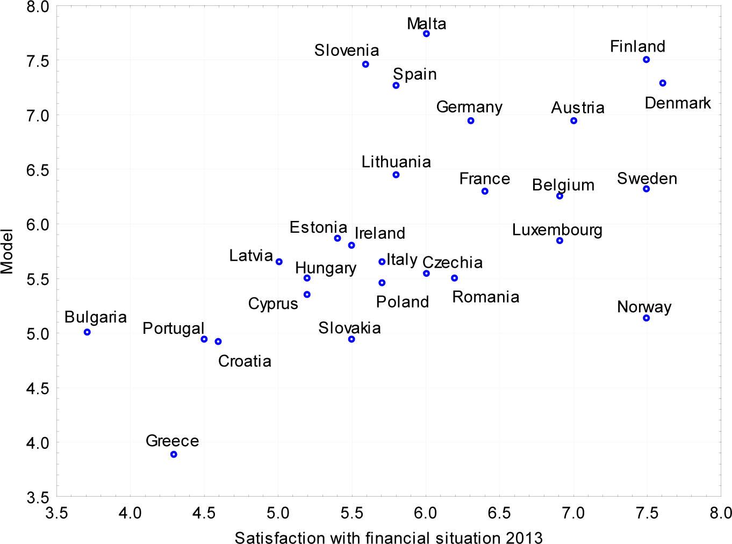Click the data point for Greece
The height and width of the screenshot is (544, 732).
(174, 454)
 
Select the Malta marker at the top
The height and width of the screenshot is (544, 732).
(426, 34)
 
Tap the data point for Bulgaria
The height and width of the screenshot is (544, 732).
(87, 332)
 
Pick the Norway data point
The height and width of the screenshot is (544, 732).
(646, 318)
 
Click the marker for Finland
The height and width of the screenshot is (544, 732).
(646, 60)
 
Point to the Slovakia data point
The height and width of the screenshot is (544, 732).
(351, 339)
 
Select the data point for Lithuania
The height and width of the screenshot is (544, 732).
(396, 175)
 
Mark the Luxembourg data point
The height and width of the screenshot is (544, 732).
(559, 241)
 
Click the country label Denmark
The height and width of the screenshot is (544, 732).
(677, 103)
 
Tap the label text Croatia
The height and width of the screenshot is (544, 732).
(245, 361)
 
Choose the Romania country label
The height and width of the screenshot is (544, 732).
(485, 297)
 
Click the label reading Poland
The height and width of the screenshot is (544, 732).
(402, 302)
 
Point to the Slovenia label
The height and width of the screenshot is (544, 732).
(347, 51)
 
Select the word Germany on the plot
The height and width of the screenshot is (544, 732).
(469, 108)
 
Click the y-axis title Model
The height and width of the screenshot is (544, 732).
(8, 251)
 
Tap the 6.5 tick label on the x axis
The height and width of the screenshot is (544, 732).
(499, 513)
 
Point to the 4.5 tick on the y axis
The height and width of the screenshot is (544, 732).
(38, 389)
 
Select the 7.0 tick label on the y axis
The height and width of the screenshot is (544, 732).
(38, 116)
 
